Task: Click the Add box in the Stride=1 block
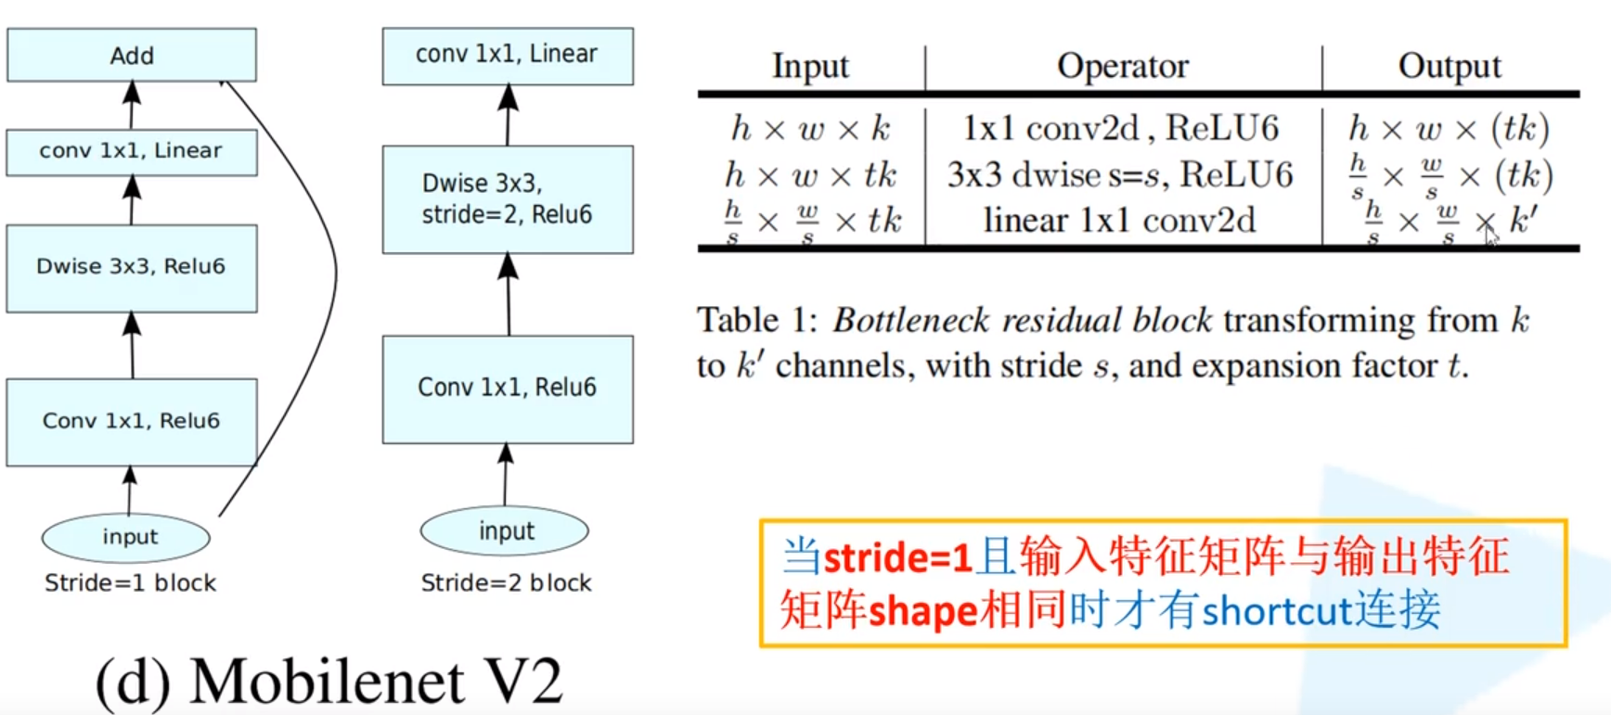[132, 56]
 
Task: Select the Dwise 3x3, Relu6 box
[132, 267]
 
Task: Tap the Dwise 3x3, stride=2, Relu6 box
[508, 199]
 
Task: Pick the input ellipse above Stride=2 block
[505, 531]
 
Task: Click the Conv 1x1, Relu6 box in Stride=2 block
[508, 389]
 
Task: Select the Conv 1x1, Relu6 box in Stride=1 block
[132, 422]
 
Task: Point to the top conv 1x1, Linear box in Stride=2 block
[508, 56]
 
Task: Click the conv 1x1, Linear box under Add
[132, 152]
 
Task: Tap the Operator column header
[1123, 66]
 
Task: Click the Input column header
[810, 66]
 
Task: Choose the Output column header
[1450, 66]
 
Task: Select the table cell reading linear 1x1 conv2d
[1119, 221]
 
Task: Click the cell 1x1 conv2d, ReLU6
[1121, 128]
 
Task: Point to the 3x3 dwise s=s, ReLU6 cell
[1120, 174]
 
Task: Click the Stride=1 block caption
[130, 583]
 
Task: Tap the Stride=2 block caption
[506, 583]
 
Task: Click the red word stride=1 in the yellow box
[897, 558]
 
